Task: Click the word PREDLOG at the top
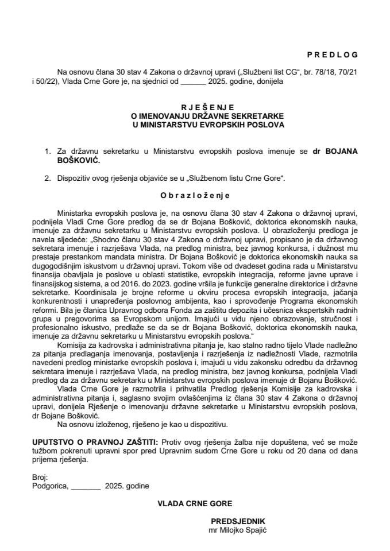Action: coord(332,55)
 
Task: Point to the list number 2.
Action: coord(47,178)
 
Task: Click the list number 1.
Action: coord(47,152)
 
